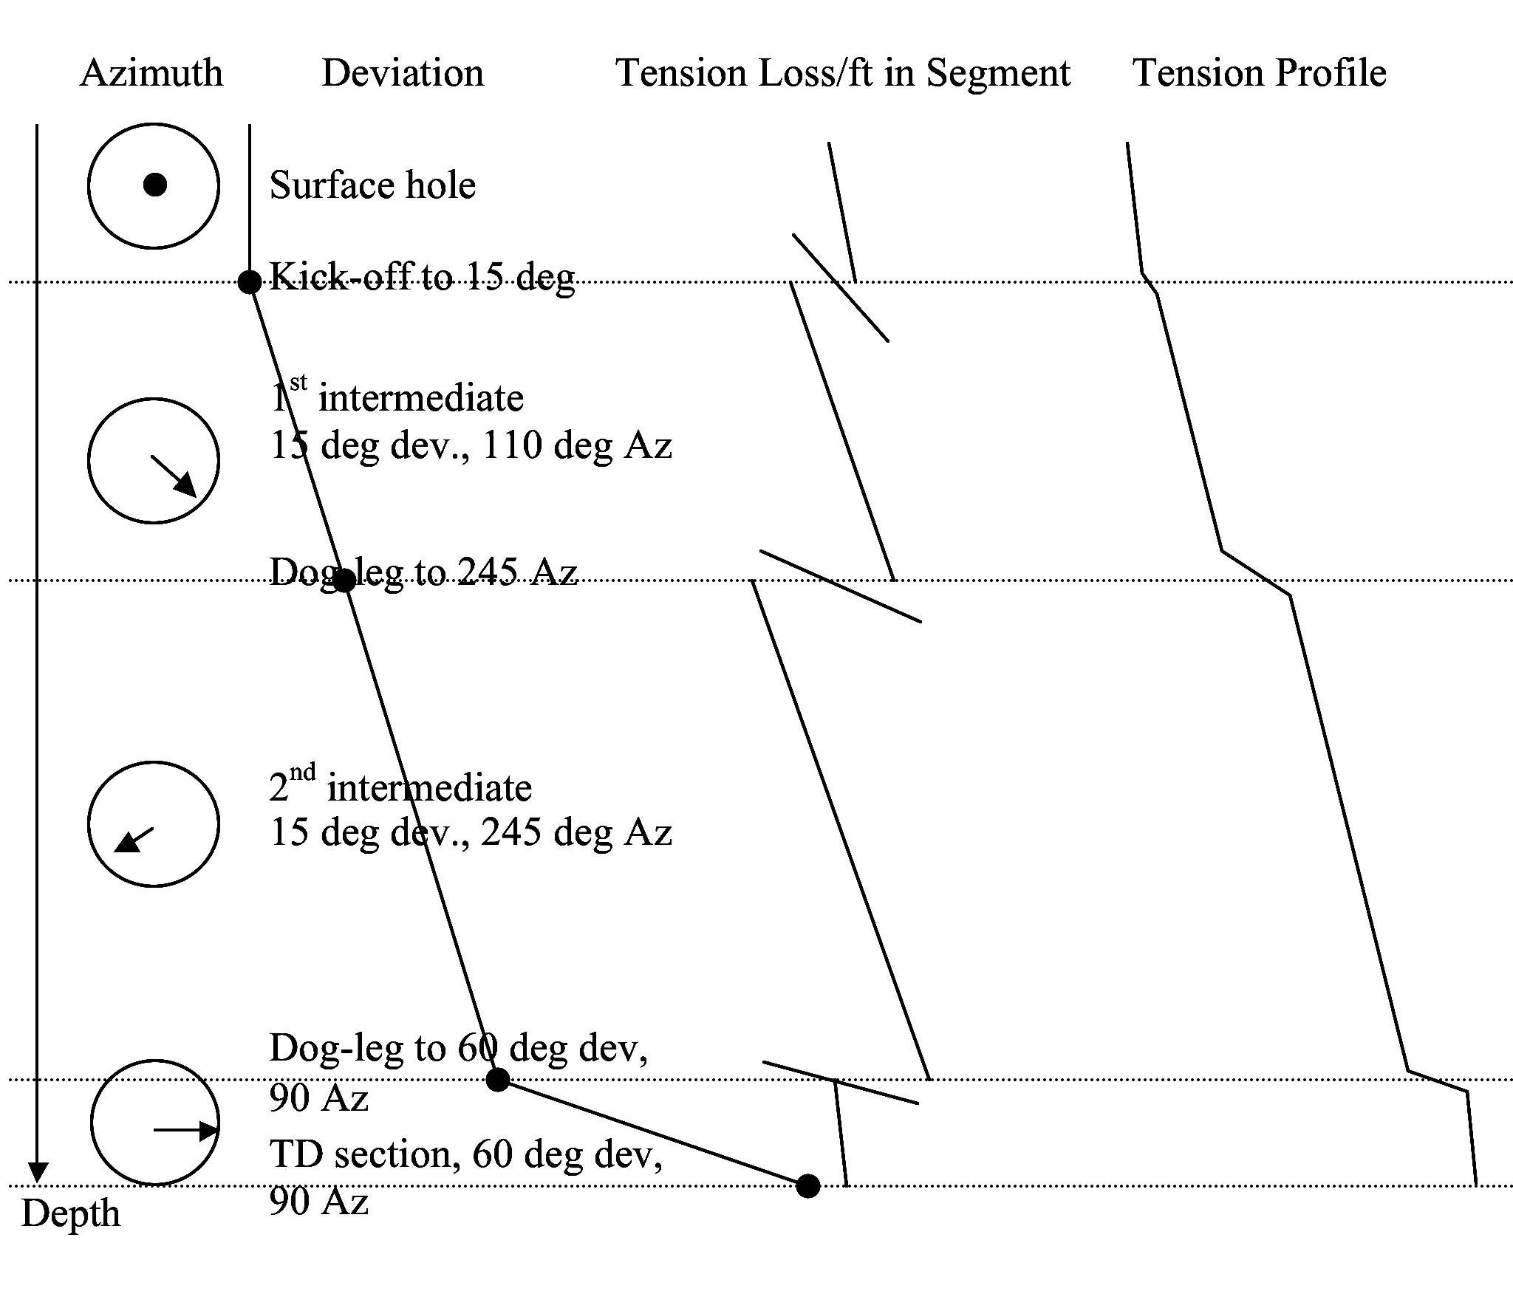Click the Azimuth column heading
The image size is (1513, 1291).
151,73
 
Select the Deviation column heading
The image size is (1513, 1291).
403,73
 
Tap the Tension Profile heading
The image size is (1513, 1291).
1259,73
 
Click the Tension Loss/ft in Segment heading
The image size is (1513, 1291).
842,73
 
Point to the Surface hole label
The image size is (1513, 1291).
372,185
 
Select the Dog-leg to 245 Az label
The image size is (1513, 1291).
423,571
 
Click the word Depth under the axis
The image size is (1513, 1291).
71,1213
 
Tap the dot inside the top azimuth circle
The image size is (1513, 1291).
154,185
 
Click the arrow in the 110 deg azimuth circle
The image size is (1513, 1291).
174,476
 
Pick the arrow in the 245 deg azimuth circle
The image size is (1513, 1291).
134,840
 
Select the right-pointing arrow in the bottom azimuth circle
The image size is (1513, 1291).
185,1129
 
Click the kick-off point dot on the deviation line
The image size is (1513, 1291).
250,281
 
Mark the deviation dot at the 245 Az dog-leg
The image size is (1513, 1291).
344,581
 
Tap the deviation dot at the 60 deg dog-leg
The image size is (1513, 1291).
498,1079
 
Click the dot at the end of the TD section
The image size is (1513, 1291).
808,1186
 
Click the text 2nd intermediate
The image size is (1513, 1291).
400,787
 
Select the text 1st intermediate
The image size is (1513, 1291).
397,397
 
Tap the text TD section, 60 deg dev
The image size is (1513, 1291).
465,1154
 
